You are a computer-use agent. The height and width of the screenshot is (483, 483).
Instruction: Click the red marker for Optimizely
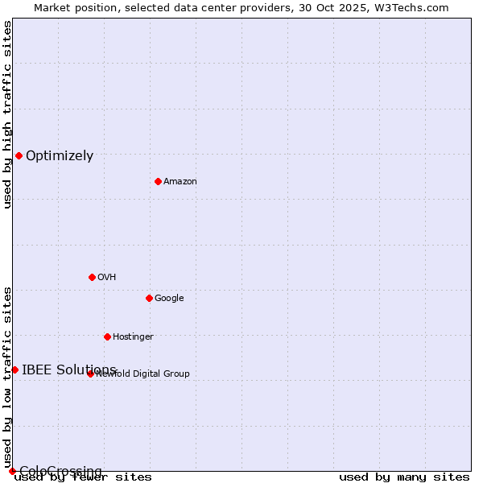click(x=19, y=155)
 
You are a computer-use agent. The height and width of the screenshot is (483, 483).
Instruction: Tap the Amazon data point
click(x=158, y=181)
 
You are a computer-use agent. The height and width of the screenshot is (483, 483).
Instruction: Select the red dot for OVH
click(x=92, y=277)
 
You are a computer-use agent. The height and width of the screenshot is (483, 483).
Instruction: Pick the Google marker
click(x=149, y=298)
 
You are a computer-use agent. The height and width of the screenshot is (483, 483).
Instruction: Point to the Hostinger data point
click(x=107, y=336)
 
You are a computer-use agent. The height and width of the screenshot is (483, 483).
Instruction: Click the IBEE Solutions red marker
click(x=14, y=369)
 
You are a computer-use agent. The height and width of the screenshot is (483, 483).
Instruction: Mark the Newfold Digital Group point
click(x=90, y=374)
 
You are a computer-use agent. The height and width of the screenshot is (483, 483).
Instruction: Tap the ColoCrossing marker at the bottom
click(x=12, y=471)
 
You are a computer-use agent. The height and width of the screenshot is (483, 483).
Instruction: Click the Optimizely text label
click(x=60, y=156)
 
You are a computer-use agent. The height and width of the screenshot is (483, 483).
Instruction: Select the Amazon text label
click(x=180, y=182)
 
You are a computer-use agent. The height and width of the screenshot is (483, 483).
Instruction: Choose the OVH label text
click(x=107, y=278)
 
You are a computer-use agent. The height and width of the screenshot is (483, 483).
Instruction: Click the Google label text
click(x=169, y=299)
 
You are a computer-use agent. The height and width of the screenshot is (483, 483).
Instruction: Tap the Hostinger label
click(x=133, y=337)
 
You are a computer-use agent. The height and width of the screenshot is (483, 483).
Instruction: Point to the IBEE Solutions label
click(x=69, y=370)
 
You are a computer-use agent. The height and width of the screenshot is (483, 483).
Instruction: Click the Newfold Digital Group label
click(x=143, y=374)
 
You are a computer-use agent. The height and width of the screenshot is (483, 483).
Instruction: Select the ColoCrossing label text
click(x=60, y=471)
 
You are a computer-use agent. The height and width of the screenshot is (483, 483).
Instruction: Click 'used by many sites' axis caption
click(x=404, y=477)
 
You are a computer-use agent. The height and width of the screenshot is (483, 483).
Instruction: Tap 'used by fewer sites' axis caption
click(x=83, y=477)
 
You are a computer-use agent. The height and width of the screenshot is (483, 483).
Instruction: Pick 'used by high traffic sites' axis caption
click(x=7, y=114)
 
